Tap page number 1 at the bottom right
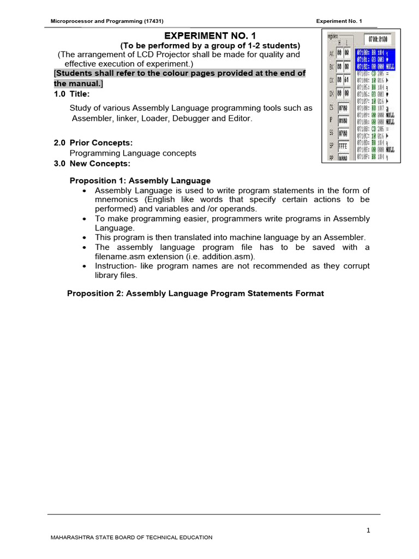[x=368, y=530]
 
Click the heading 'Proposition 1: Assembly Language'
[x=140, y=181]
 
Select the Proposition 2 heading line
[x=195, y=293]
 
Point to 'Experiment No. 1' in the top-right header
[x=339, y=21]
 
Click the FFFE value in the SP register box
[x=344, y=147]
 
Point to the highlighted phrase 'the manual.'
[x=78, y=84]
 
